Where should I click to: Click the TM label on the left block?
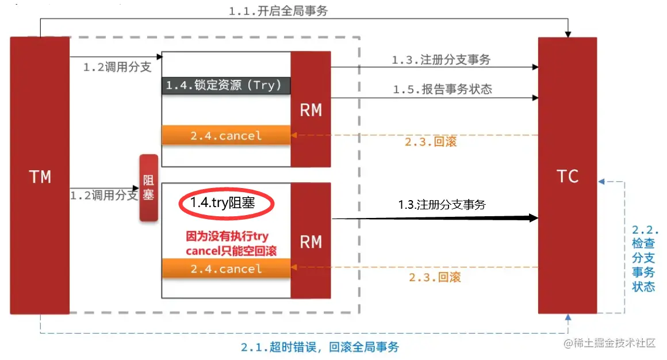pyautogui.click(x=40, y=177)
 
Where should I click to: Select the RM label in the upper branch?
pyautogui.click(x=310, y=110)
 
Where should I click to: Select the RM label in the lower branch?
pyautogui.click(x=310, y=242)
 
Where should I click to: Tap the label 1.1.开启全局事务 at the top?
pyautogui.click(x=278, y=11)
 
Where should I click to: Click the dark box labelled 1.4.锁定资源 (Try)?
pyautogui.click(x=225, y=85)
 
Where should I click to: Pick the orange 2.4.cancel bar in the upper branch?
pyautogui.click(x=226, y=136)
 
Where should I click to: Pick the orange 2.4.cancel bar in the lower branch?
pyautogui.click(x=226, y=269)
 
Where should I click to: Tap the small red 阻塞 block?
pyautogui.click(x=148, y=187)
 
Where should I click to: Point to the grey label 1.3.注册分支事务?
pyautogui.click(x=441, y=59)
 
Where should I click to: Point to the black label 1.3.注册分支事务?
pyautogui.click(x=442, y=204)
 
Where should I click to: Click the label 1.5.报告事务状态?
pyautogui.click(x=442, y=89)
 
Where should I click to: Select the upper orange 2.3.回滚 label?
pyautogui.click(x=431, y=141)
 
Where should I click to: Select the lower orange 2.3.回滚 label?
pyautogui.click(x=435, y=277)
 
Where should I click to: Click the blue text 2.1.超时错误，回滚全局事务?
pyautogui.click(x=320, y=347)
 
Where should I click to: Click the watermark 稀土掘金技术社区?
pyautogui.click(x=614, y=343)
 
